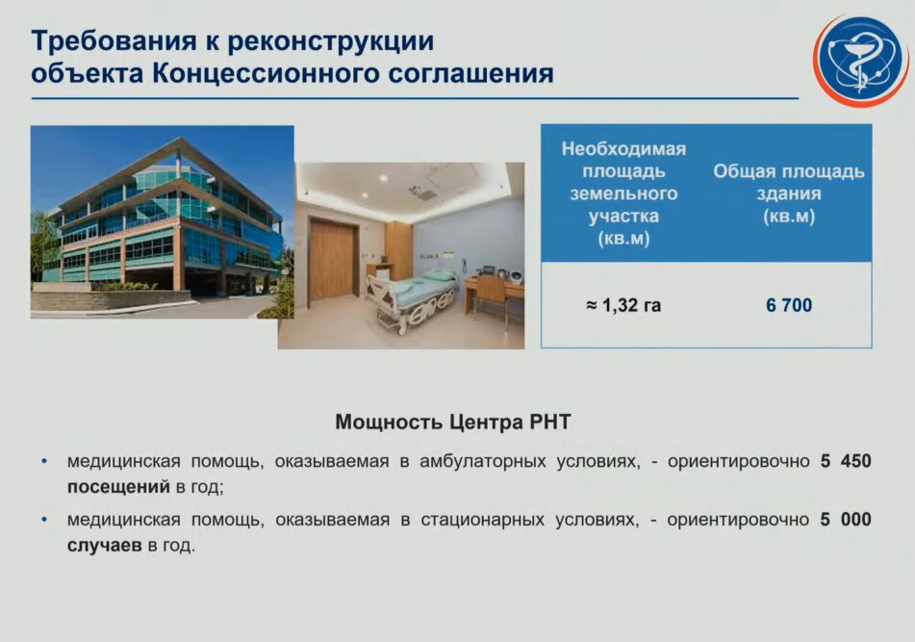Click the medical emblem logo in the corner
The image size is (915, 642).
click(861, 61)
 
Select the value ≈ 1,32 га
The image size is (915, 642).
click(623, 305)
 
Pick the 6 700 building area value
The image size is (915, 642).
click(789, 305)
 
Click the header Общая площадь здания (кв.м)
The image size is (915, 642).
click(789, 193)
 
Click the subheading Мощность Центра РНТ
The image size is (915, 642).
click(452, 422)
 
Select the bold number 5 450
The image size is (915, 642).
click(846, 461)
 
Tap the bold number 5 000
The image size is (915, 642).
click(846, 520)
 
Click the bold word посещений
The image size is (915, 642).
click(118, 487)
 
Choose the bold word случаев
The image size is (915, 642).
click(105, 546)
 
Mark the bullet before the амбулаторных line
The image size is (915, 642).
click(44, 462)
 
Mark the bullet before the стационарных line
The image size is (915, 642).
click(44, 520)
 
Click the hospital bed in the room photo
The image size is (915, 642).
click(412, 297)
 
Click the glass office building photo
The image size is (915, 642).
click(163, 222)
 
